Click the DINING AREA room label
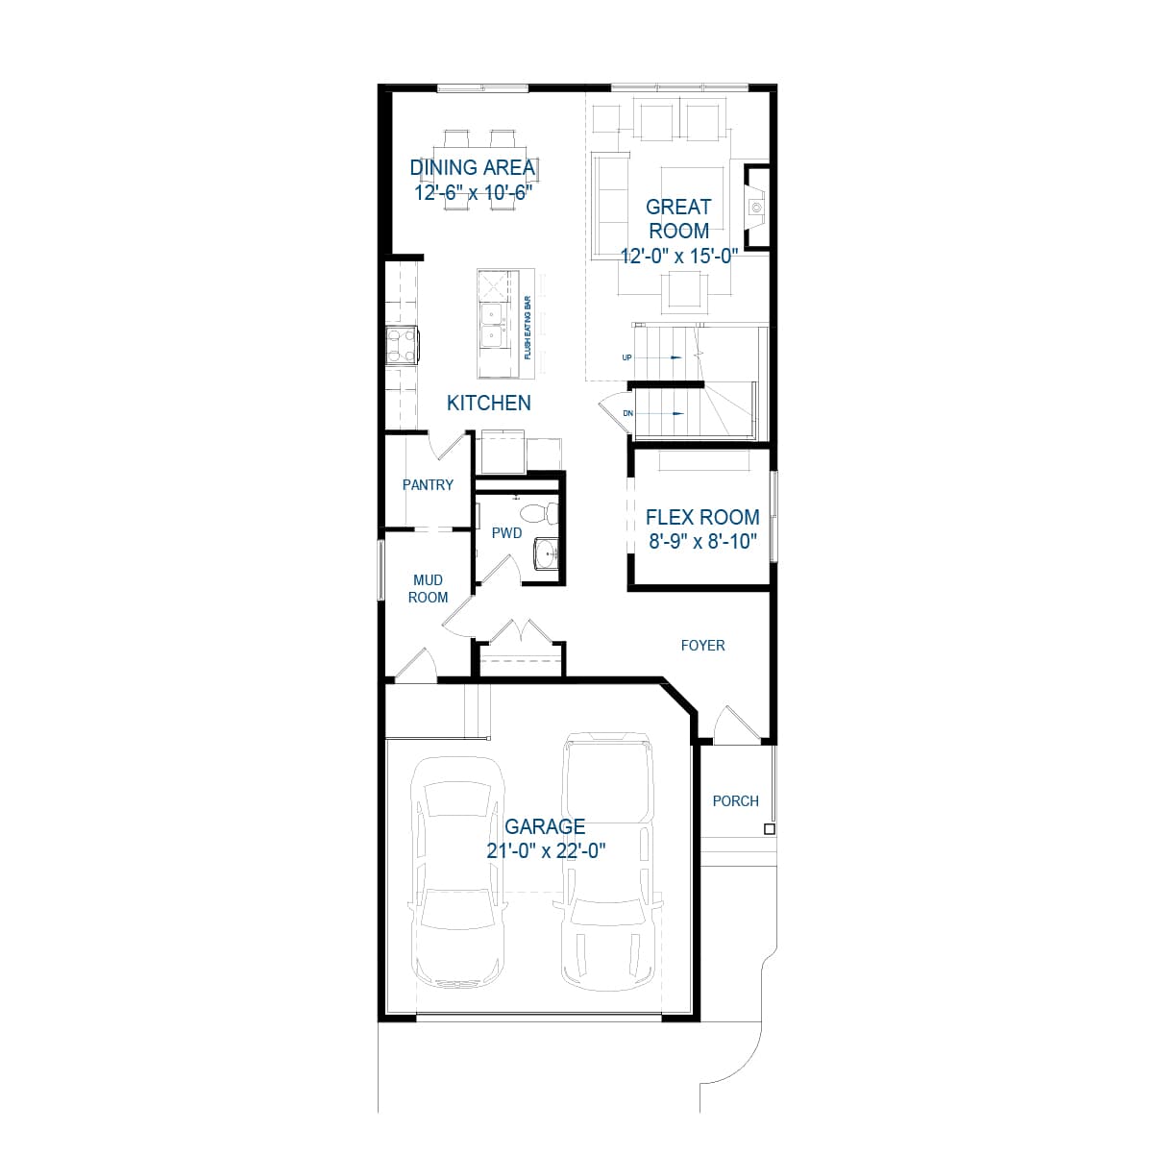coord(472,167)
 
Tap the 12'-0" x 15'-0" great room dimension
coord(678,256)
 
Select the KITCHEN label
coord(488,403)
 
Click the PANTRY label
coord(428,485)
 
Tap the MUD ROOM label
coord(428,588)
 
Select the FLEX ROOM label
coord(702,517)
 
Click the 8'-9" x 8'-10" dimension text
coord(702,541)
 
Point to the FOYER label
coord(702,646)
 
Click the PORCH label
coord(735,800)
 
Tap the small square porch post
coord(769,828)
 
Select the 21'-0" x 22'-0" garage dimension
coord(546,850)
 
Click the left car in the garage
coord(458,872)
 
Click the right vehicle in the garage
coord(608,860)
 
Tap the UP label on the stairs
coord(626,357)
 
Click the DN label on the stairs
coord(627,413)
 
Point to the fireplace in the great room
coord(756,207)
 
